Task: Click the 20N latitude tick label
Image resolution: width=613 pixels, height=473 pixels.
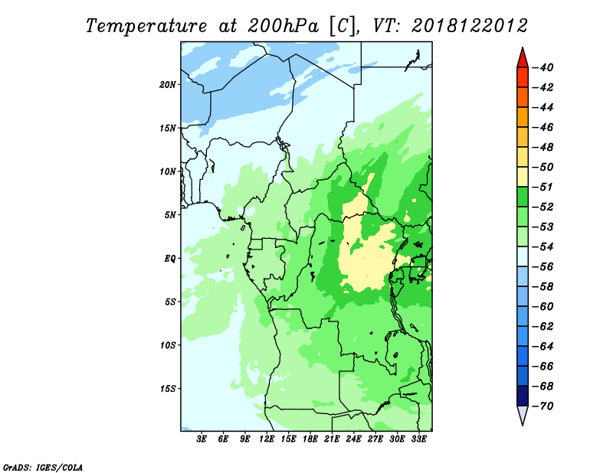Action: pyautogui.click(x=168, y=85)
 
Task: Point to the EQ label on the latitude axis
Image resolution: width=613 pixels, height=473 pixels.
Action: pyautogui.click(x=170, y=259)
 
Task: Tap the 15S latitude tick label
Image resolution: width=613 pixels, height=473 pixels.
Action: pyautogui.click(x=168, y=389)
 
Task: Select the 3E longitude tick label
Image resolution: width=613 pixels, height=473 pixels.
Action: pyautogui.click(x=202, y=439)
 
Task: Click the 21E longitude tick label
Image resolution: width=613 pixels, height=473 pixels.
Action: pyautogui.click(x=332, y=439)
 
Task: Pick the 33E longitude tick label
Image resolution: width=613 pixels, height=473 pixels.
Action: pyautogui.click(x=418, y=439)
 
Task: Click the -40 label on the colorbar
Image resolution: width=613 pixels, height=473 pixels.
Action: pyautogui.click(x=543, y=67)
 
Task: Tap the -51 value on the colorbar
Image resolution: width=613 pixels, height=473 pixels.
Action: pyautogui.click(x=543, y=187)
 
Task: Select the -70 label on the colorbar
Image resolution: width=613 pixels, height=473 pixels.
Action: pyautogui.click(x=543, y=406)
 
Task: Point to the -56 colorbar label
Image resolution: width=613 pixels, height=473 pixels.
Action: pyautogui.click(x=543, y=267)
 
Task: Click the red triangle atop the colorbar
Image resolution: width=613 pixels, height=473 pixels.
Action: pyautogui.click(x=523, y=59)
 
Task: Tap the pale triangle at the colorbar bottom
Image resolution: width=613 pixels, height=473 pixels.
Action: pyautogui.click(x=523, y=415)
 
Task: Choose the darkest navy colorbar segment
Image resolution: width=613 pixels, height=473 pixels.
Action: pyautogui.click(x=523, y=396)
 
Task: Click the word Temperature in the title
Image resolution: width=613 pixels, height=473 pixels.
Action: pyautogui.click(x=146, y=26)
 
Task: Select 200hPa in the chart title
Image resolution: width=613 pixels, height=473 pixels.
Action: pyautogui.click(x=283, y=26)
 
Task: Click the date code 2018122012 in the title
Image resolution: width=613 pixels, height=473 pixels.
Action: pyautogui.click(x=470, y=26)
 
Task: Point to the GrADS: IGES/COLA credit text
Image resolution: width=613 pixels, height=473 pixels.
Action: pyautogui.click(x=43, y=468)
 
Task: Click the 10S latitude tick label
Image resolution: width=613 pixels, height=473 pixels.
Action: pyautogui.click(x=168, y=345)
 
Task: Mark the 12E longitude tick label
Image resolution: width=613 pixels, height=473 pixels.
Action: pyautogui.click(x=266, y=439)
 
